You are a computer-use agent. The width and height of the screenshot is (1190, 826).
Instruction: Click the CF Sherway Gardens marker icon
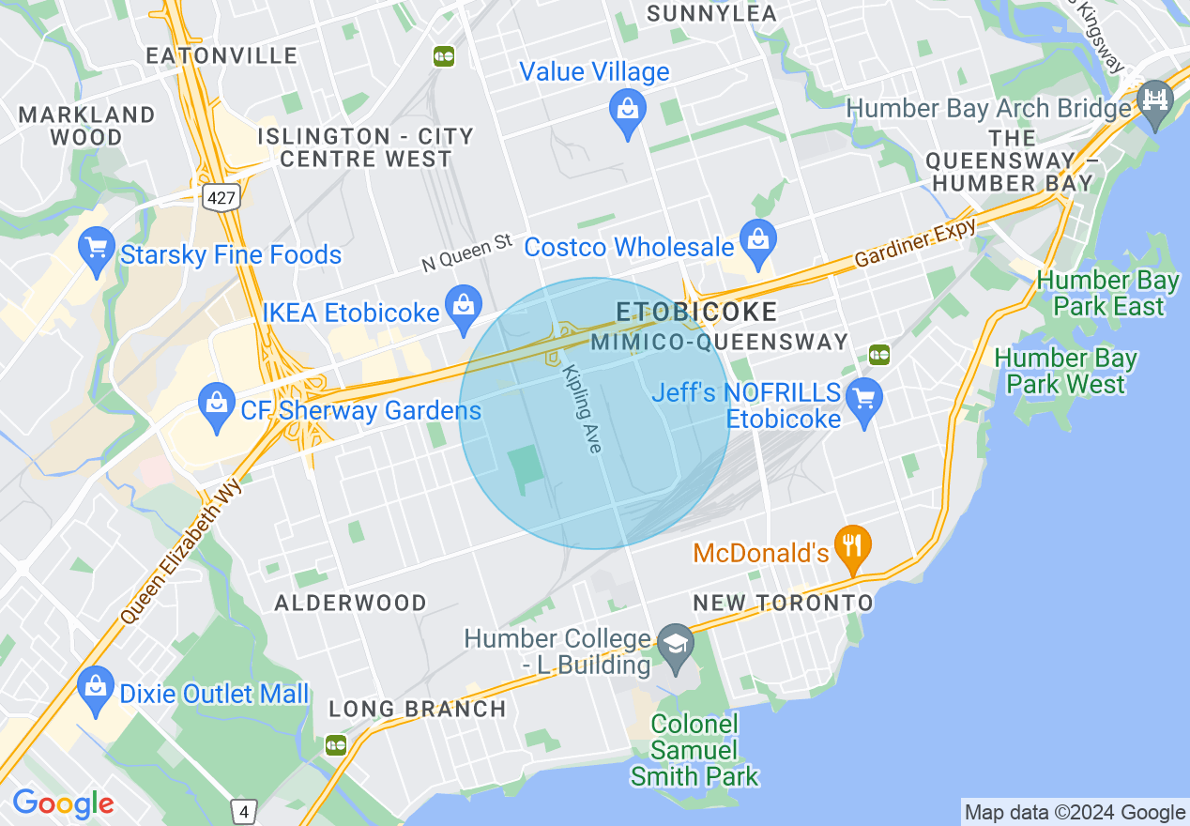click(x=218, y=408)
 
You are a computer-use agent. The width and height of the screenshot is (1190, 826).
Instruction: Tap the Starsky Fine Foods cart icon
click(x=97, y=251)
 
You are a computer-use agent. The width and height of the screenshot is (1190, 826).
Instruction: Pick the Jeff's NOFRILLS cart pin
click(x=864, y=401)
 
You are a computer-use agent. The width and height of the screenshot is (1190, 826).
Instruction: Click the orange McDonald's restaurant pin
click(x=853, y=547)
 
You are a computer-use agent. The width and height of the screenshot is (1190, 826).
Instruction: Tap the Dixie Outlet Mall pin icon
click(x=96, y=691)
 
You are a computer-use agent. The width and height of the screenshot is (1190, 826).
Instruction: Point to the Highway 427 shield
click(x=223, y=197)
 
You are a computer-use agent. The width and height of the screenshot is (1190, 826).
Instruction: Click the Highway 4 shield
click(x=244, y=812)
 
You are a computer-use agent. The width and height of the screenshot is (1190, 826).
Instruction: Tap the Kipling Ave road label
click(x=581, y=409)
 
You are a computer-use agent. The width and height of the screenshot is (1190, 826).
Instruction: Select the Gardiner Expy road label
click(x=916, y=246)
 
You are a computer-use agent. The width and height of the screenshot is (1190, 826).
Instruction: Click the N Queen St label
click(x=466, y=252)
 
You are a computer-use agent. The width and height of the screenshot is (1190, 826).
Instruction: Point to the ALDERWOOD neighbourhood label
click(x=350, y=603)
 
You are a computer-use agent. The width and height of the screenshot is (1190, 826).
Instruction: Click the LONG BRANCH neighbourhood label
click(x=417, y=709)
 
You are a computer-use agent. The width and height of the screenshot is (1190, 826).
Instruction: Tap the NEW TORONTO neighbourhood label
click(x=783, y=603)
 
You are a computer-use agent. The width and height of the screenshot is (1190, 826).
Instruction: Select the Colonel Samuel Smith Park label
click(x=694, y=750)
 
